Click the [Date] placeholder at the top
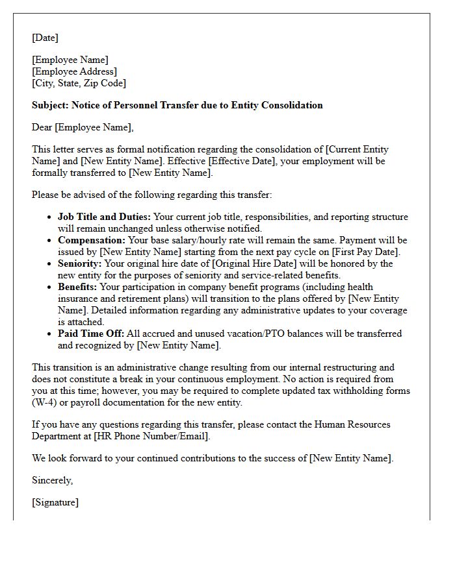pos(45,38)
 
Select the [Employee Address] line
pos(74,71)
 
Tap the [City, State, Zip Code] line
pos(79,83)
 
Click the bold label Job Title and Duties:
pos(104,217)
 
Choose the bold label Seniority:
pos(80,263)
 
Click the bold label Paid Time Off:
pos(92,334)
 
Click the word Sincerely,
pos(53,480)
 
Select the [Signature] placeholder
pos(55,502)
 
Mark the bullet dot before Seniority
pos(51,263)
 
